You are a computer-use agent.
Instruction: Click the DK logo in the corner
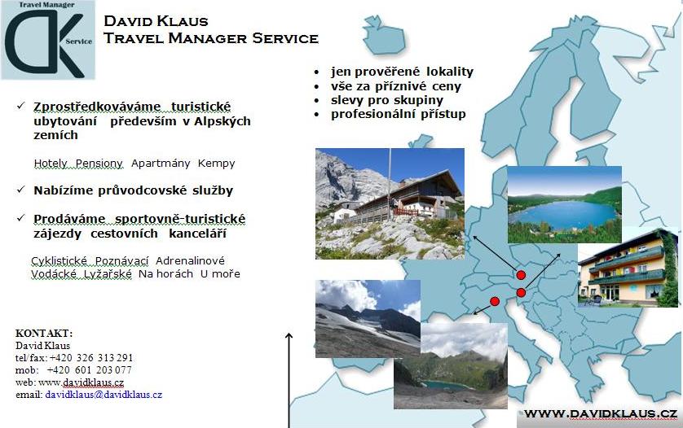click(48, 40)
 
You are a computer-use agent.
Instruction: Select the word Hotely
click(51, 163)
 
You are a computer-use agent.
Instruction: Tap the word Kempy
click(216, 164)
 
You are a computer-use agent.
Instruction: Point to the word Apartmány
click(161, 163)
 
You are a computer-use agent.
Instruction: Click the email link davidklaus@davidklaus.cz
click(104, 395)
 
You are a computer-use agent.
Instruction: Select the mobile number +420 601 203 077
click(89, 369)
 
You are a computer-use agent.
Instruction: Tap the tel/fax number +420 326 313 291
click(91, 357)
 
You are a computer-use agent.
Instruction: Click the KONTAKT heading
click(44, 333)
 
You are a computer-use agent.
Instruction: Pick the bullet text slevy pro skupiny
click(387, 100)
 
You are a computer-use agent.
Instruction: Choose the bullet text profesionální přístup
click(398, 114)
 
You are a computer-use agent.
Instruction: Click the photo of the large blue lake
click(565, 204)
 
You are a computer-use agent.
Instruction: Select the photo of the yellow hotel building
click(628, 268)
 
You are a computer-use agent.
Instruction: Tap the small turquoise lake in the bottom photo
click(445, 384)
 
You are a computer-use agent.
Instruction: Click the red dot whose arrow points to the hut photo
click(521, 275)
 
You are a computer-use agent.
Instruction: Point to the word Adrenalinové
click(191, 260)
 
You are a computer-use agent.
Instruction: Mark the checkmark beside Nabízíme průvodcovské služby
click(20, 190)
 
